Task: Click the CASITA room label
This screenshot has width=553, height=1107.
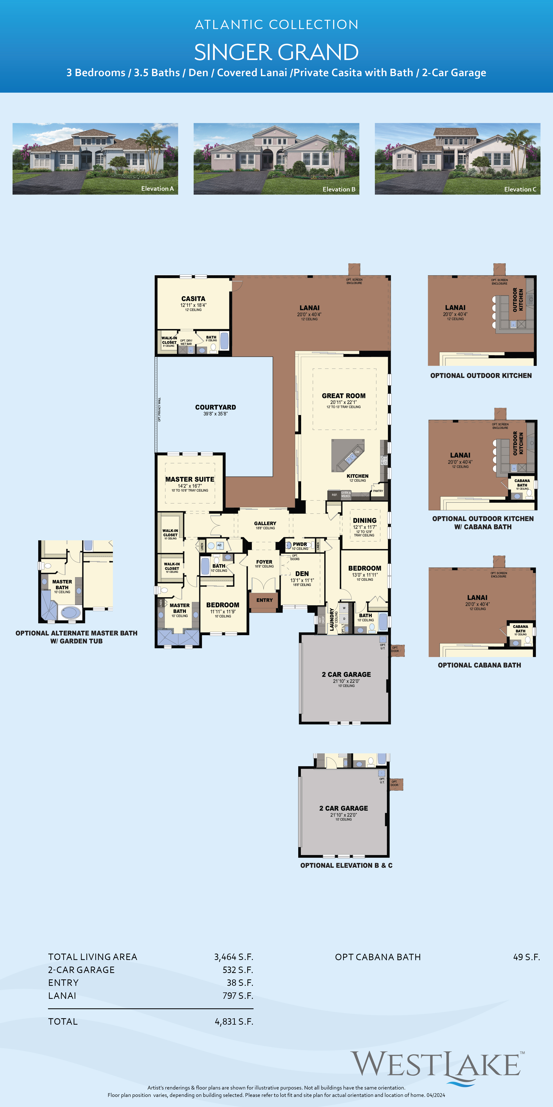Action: [x=193, y=299]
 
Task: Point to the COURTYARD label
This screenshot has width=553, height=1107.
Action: [x=216, y=407]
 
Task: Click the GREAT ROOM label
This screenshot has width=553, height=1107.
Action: [x=343, y=396]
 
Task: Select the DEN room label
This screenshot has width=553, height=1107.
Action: [x=302, y=574]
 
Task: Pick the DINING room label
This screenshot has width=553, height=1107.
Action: [x=365, y=520]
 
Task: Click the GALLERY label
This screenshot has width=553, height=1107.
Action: [x=265, y=523]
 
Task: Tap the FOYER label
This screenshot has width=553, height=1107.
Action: [x=264, y=562]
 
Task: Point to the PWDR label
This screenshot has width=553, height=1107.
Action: [x=300, y=544]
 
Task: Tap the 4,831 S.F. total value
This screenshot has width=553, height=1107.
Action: [x=234, y=1022]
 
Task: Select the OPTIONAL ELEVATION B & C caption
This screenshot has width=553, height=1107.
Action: [x=346, y=865]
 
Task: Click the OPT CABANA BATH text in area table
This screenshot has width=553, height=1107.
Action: [x=378, y=957]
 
